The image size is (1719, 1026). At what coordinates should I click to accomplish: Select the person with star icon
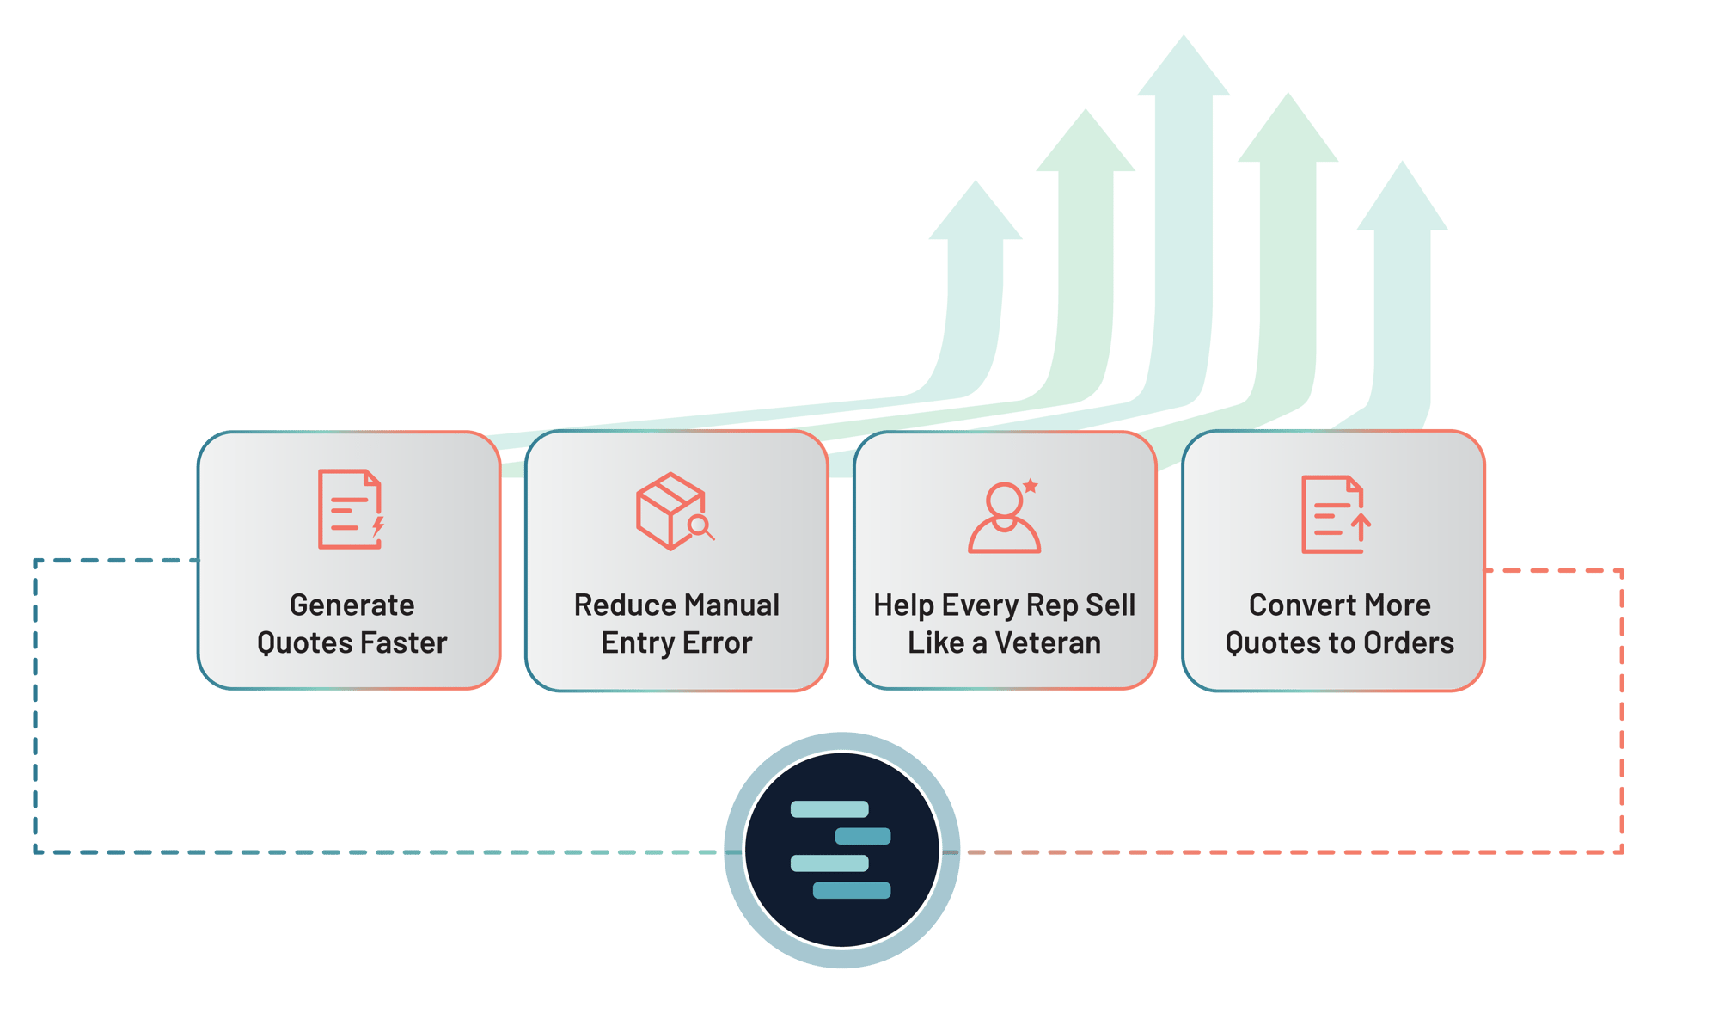[x=1004, y=516]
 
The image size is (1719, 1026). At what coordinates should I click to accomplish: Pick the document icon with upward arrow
[x=1335, y=514]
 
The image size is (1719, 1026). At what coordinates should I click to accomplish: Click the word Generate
[x=352, y=605]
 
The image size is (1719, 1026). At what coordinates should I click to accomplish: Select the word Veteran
[x=1048, y=642]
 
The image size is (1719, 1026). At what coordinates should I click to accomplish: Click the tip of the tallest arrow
[x=1184, y=39]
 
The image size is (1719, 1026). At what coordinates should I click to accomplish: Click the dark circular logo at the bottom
[x=841, y=850]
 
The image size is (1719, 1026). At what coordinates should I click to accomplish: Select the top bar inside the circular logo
[x=829, y=808]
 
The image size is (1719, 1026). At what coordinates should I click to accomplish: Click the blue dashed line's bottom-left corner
[x=35, y=851]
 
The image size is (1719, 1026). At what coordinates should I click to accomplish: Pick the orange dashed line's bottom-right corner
[x=1621, y=851]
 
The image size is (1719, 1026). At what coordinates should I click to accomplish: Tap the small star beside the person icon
[x=1031, y=486]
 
